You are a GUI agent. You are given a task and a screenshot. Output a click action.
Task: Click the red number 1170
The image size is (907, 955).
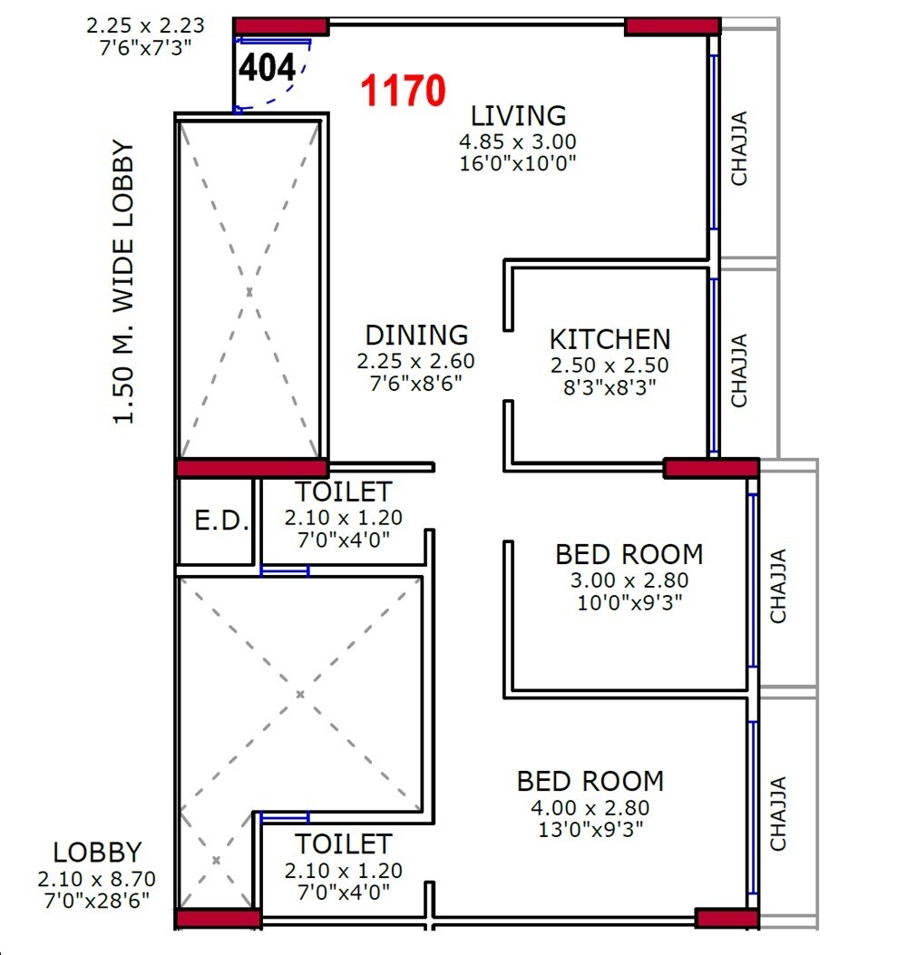coord(404,92)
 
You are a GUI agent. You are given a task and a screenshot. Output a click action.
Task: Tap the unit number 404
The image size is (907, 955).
coord(267,68)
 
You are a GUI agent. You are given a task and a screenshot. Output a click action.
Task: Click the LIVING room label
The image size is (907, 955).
coord(518,116)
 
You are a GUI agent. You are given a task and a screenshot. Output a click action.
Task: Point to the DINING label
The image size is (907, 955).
coord(416,336)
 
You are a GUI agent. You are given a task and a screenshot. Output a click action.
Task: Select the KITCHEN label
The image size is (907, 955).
coord(610,340)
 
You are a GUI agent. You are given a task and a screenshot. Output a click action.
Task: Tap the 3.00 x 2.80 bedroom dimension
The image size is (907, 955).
coord(629,580)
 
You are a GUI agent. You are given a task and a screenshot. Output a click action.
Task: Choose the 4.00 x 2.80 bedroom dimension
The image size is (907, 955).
coord(590,807)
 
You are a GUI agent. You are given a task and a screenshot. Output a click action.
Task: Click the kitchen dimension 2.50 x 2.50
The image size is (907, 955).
coord(610,365)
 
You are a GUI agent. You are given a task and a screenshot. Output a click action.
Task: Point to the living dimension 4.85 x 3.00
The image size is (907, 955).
coord(518,141)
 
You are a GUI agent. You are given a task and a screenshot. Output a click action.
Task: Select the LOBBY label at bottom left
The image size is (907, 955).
coord(97,853)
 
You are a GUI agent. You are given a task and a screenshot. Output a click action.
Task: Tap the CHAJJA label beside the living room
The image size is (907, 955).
coord(740,148)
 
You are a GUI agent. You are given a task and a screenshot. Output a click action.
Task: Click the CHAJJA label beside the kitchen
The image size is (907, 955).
coord(740,370)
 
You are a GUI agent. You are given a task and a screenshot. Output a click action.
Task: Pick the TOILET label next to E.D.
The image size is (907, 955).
coord(344,492)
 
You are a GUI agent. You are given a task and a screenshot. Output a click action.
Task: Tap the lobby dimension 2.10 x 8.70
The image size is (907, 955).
coord(97,879)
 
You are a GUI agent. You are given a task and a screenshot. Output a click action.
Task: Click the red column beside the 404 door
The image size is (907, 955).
coord(280,25)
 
